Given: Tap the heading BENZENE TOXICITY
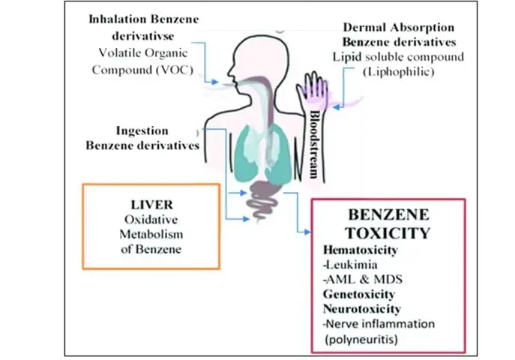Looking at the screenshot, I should click(x=387, y=223).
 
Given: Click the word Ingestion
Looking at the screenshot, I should click(x=143, y=130).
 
